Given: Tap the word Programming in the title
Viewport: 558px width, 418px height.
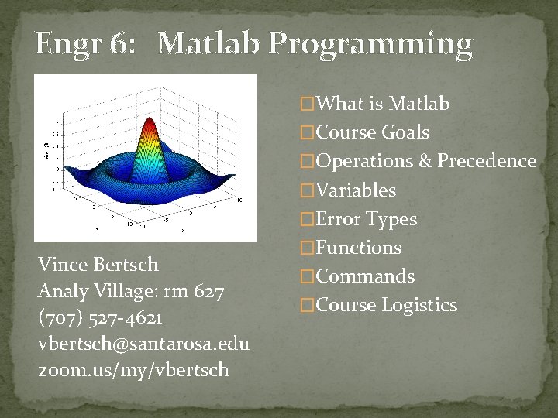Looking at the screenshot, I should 370,45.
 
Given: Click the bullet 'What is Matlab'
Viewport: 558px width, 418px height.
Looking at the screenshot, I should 383,104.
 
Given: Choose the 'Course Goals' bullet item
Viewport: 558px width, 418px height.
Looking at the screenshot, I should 373,132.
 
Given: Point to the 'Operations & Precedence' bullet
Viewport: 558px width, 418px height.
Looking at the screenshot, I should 425,161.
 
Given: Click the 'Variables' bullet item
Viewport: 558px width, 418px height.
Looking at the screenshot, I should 356,190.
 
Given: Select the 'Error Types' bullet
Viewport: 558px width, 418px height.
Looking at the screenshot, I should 367,220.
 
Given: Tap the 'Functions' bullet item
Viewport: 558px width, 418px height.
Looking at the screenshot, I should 359,248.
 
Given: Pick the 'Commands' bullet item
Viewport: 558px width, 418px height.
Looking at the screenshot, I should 366,276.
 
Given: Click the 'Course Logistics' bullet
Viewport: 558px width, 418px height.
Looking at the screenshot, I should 387,306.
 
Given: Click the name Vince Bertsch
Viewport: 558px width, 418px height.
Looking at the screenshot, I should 98,265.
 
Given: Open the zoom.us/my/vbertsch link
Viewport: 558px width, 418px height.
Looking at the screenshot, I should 133,370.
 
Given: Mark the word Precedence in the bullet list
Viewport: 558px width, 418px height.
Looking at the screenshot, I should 486,161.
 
